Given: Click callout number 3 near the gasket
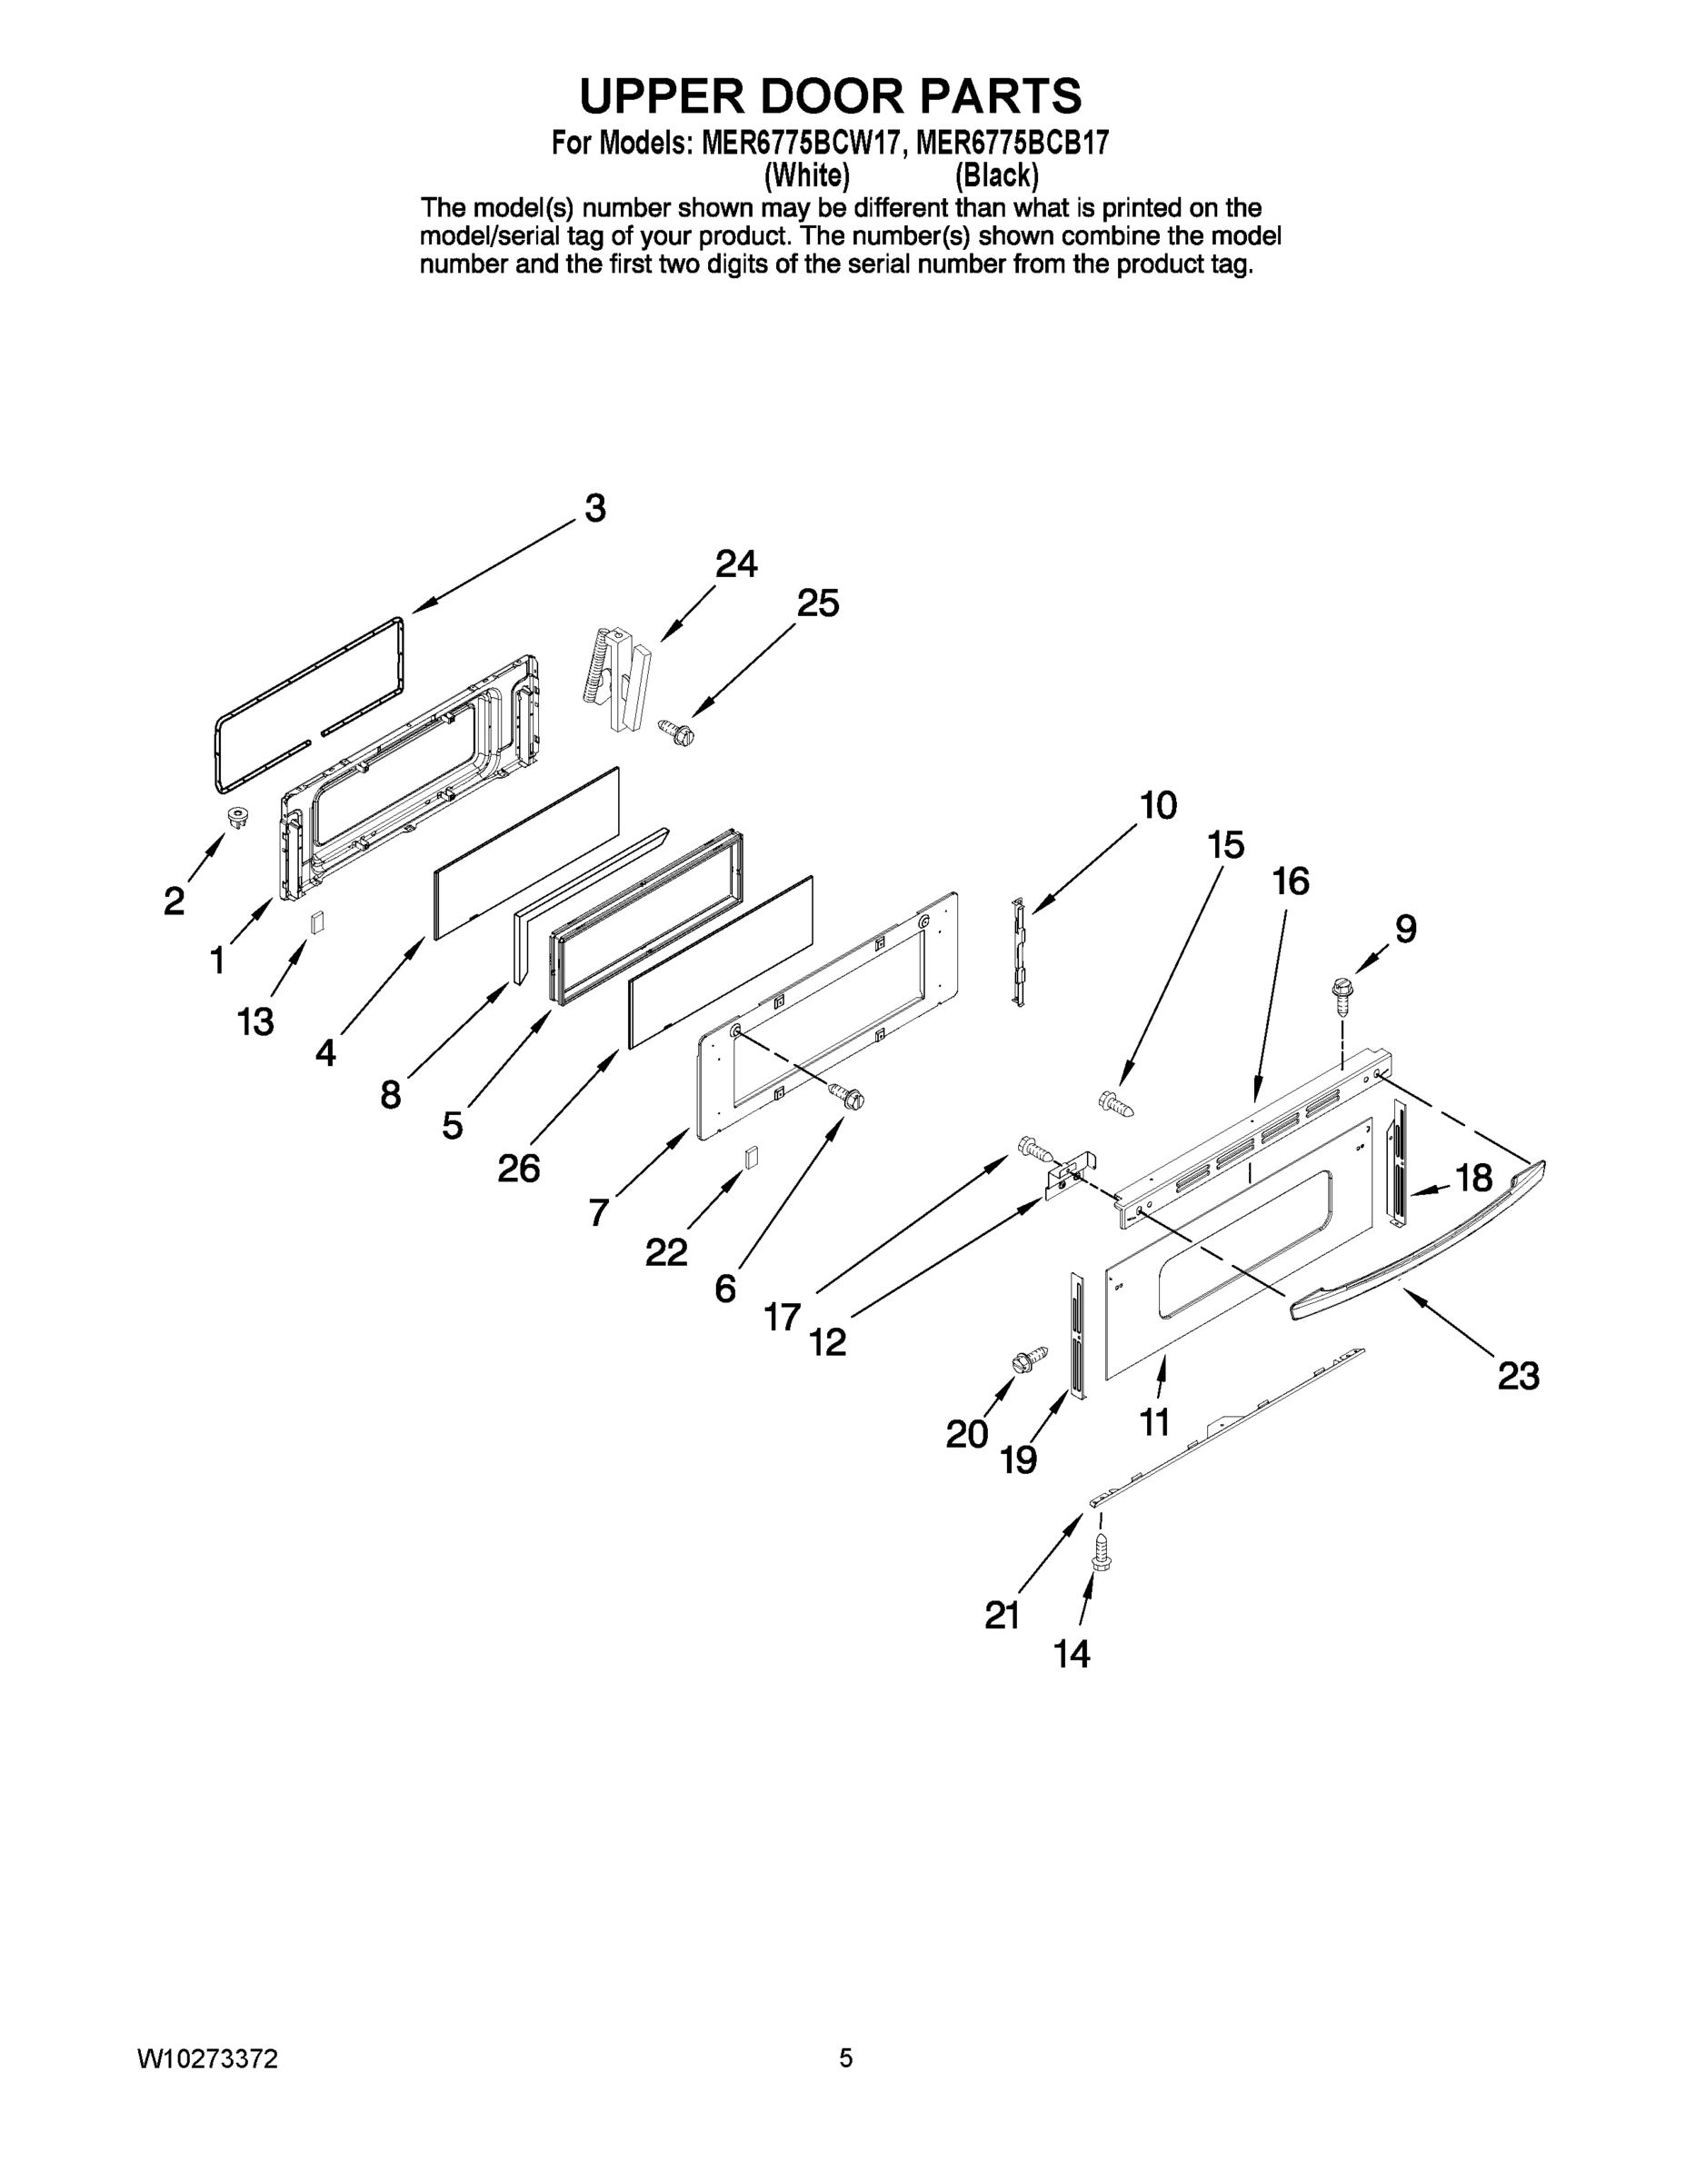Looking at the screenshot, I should pos(595,509).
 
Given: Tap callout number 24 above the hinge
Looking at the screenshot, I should pos(736,565).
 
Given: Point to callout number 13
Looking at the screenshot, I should pos(254,1021).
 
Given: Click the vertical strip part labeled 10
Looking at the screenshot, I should pos(1019,951).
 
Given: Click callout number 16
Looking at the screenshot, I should pos(1291,881).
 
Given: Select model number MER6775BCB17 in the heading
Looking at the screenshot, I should pos(1012,144).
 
